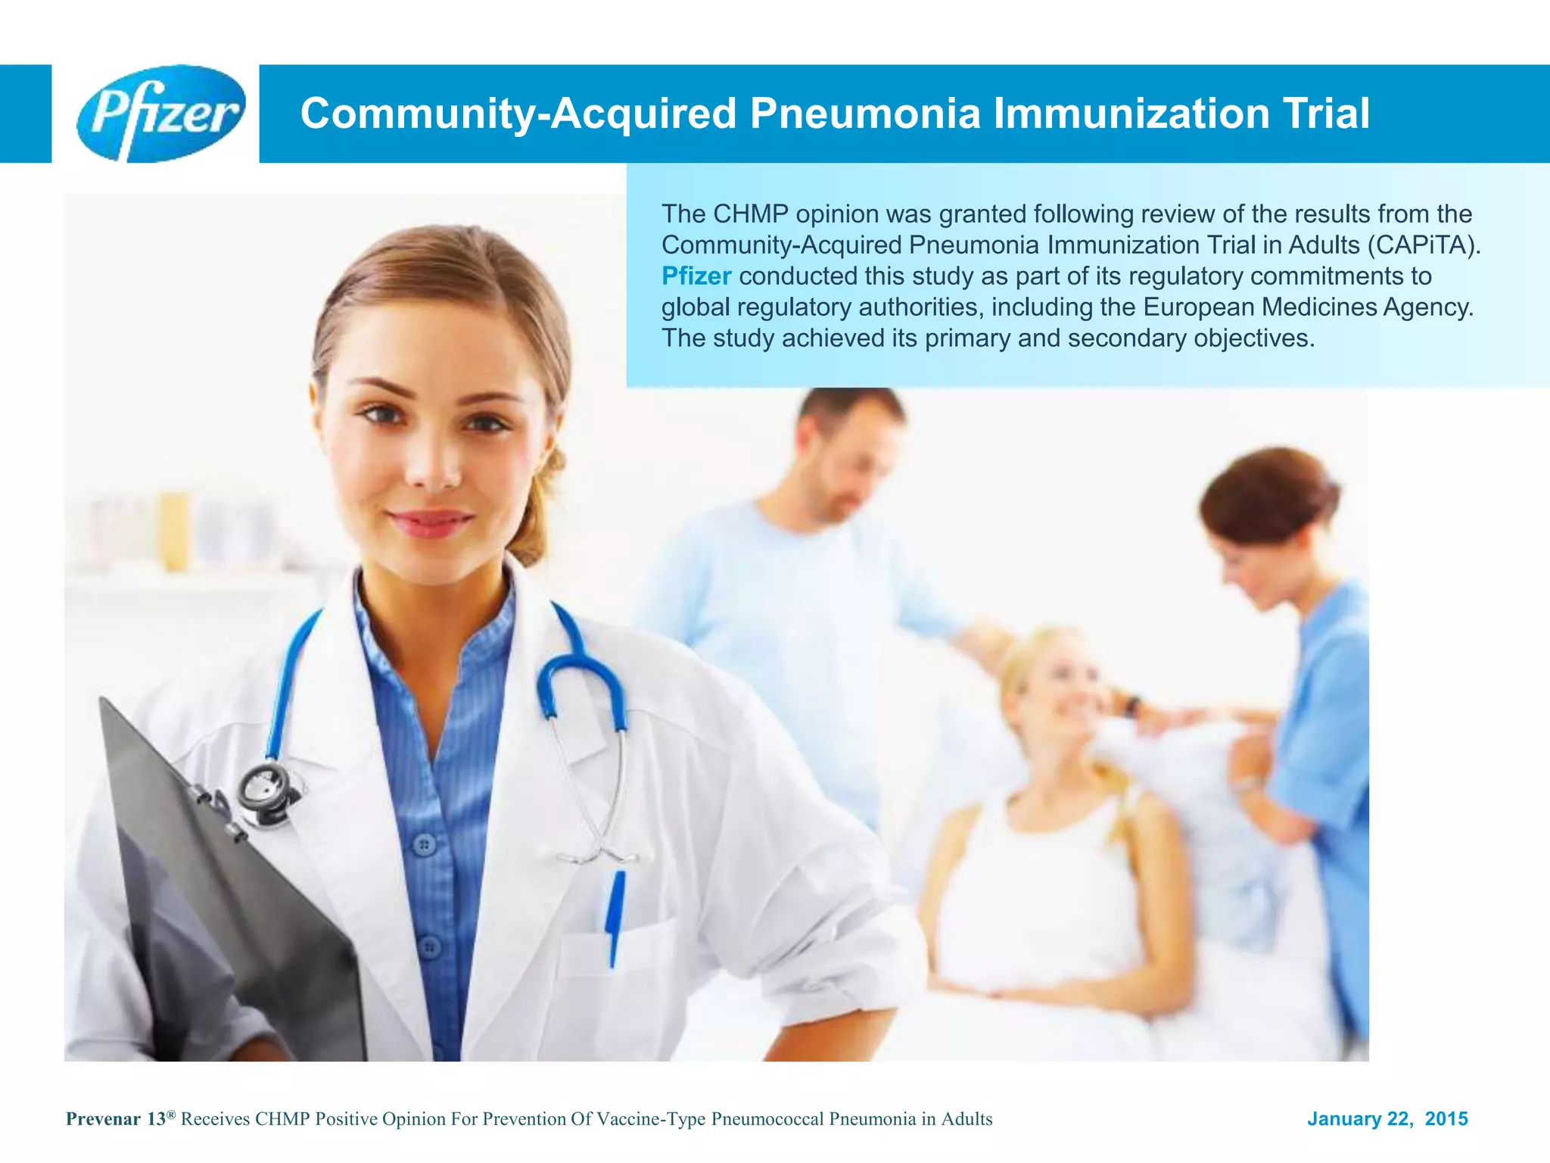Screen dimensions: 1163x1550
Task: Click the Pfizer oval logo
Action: click(x=160, y=114)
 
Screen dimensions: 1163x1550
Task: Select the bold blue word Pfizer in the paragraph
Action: click(x=696, y=276)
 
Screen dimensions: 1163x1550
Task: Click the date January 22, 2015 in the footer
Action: click(x=1387, y=1119)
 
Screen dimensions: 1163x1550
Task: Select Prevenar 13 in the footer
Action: click(x=117, y=1119)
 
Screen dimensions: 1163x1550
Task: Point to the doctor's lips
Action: click(x=429, y=522)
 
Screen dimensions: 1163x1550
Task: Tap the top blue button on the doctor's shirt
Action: click(x=425, y=843)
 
